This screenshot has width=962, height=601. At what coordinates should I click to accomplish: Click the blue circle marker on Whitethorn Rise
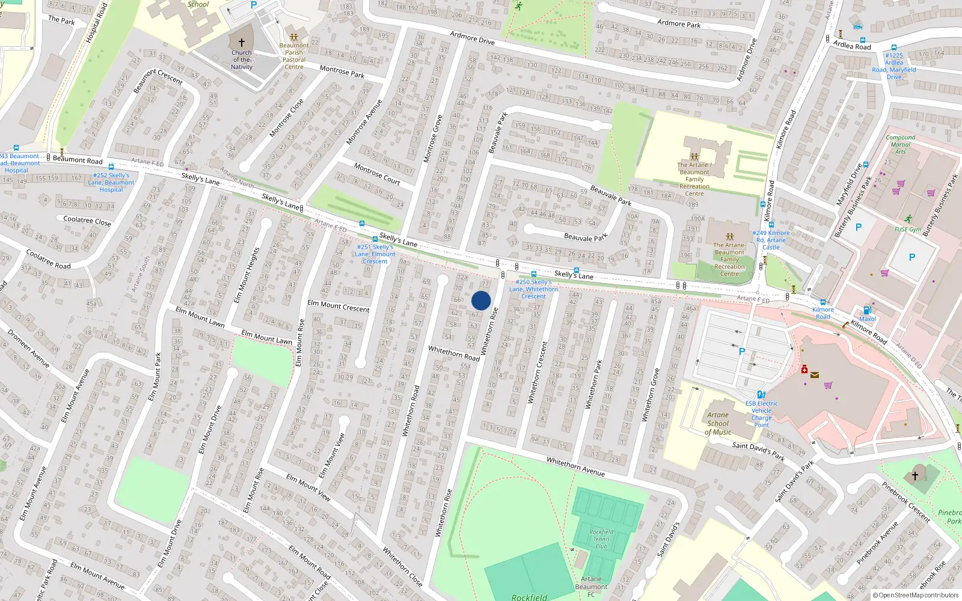pos(481,300)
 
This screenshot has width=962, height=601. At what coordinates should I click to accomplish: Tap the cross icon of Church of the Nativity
pos(242,43)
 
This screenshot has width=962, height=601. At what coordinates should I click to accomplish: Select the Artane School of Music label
pos(718,423)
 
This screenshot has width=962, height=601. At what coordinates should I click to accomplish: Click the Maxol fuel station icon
pos(867,310)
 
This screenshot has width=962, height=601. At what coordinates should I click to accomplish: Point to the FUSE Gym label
pos(908,229)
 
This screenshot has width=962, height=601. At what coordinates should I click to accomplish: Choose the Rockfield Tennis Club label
pos(601,538)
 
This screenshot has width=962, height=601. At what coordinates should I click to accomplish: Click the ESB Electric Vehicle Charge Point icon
pos(761,395)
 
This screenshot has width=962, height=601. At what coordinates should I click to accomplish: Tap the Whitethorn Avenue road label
pos(575,466)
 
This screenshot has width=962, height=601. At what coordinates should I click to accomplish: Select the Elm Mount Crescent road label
pos(339,305)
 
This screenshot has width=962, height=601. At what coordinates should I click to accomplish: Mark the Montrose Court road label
pos(377,173)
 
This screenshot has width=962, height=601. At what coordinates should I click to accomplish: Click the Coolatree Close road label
pos(87,221)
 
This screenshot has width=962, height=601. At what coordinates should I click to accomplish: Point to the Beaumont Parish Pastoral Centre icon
pos(293,37)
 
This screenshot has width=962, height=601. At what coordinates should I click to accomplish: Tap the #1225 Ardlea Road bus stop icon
pos(894,47)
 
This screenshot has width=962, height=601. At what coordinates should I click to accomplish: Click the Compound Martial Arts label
pos(900,144)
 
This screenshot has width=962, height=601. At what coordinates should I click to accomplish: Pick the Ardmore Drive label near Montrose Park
pos(473,37)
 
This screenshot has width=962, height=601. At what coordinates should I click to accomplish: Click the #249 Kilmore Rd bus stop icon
pos(771,225)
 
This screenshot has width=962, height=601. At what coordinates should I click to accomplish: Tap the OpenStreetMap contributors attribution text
pos(918,596)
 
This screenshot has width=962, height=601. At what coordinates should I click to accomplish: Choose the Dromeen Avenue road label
pos(28,348)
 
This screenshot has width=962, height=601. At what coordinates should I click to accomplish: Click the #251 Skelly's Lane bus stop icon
pos(375,239)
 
